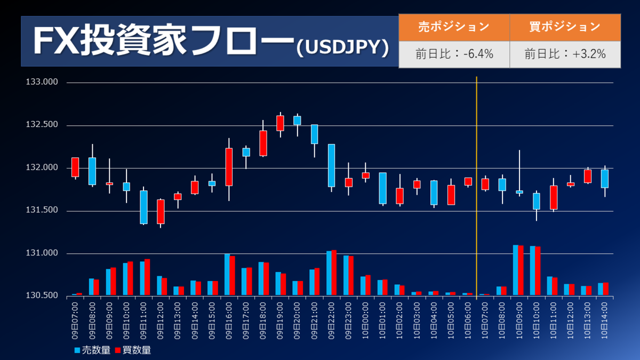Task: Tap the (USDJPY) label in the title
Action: pyautogui.click(x=342, y=47)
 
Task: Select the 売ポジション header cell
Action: pyautogui.click(x=454, y=27)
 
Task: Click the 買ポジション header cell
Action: pyautogui.click(x=565, y=27)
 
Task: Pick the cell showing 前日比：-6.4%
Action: pyautogui.click(x=454, y=54)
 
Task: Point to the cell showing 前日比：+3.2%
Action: pyautogui.click(x=565, y=54)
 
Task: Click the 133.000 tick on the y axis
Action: pyautogui.click(x=42, y=83)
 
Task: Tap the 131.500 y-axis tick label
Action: pyautogui.click(x=42, y=211)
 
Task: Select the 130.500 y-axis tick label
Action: pyautogui.click(x=42, y=295)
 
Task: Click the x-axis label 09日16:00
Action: pyautogui.click(x=229, y=320)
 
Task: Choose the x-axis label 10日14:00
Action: pyautogui.click(x=605, y=320)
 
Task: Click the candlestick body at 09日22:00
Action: pyautogui.click(x=331, y=165)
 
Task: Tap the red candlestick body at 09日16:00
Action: pyautogui.click(x=229, y=167)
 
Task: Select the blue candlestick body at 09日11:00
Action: pyautogui.click(x=143, y=207)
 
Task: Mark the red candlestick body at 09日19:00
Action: pyautogui.click(x=280, y=123)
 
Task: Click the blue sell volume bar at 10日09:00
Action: pyautogui.click(x=516, y=270)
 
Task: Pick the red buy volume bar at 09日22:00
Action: pyautogui.click(x=334, y=273)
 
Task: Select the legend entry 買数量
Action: pyautogui.click(x=133, y=350)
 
